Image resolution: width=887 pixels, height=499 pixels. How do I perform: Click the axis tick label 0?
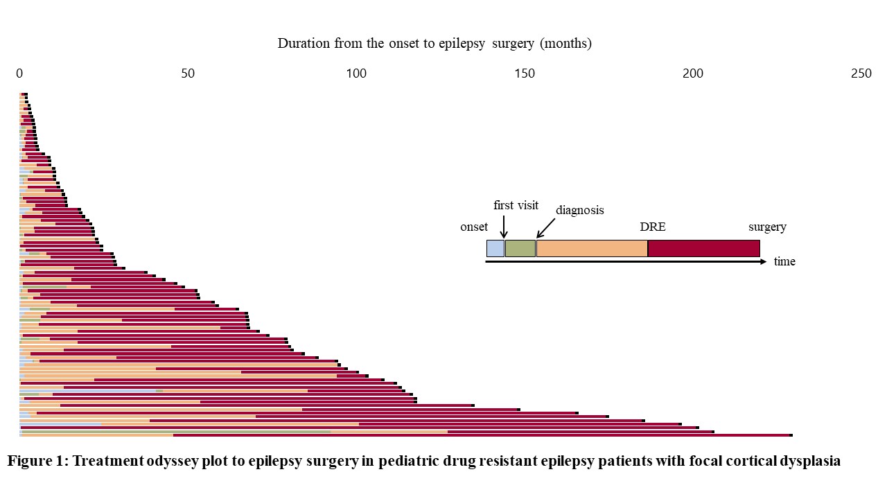click(19, 74)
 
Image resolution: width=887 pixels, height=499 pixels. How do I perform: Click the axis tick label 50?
click(188, 74)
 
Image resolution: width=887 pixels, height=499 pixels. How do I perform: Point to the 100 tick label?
click(356, 74)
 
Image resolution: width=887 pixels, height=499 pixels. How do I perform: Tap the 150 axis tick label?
click(525, 74)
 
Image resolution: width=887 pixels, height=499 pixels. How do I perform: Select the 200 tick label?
click(693, 74)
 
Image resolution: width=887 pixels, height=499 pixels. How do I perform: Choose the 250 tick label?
click(861, 74)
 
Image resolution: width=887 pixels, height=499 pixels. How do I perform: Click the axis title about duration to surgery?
click(434, 44)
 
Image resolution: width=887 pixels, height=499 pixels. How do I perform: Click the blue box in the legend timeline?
click(495, 248)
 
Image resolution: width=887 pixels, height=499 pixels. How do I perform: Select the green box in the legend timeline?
click(520, 248)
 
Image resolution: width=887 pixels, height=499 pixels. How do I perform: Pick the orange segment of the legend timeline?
click(592, 248)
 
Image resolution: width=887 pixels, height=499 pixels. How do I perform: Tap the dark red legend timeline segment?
click(703, 248)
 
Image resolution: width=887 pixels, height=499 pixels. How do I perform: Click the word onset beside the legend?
click(474, 227)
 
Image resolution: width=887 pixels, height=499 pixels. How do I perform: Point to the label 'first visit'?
click(516, 205)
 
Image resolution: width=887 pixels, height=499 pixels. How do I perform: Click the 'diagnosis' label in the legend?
click(579, 210)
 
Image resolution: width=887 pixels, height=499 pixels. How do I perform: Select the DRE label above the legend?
click(652, 227)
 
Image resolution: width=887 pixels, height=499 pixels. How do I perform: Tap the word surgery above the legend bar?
click(767, 227)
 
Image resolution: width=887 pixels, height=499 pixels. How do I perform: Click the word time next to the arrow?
click(784, 262)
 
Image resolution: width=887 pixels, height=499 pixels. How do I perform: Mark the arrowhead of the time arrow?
click(764, 262)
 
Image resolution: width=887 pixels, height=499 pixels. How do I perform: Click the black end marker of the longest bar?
click(791, 435)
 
